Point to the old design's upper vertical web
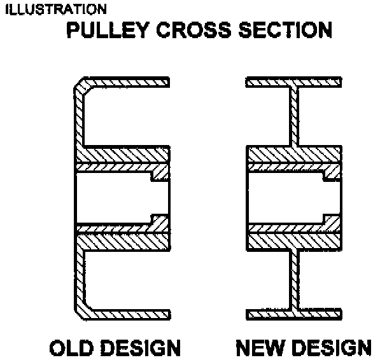pyautogui.click(x=80, y=121)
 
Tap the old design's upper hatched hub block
pyautogui.click(x=122, y=154)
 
